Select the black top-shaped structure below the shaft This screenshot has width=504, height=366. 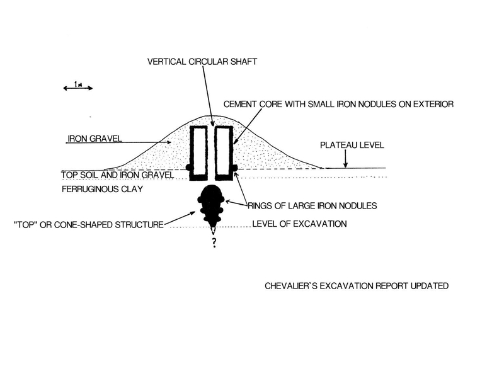(x=213, y=202)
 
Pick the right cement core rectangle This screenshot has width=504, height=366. (x=224, y=152)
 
